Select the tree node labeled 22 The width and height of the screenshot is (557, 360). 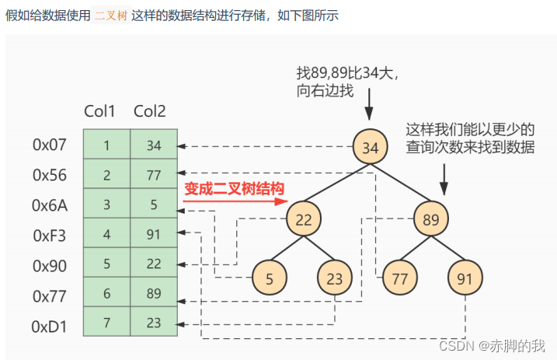click(x=304, y=220)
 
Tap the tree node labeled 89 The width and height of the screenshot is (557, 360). click(x=431, y=220)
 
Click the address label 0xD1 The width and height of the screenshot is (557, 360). click(x=50, y=326)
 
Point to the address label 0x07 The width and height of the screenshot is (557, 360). click(x=50, y=145)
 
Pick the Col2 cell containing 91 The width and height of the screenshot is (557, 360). click(x=153, y=233)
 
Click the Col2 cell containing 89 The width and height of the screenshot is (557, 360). click(x=153, y=292)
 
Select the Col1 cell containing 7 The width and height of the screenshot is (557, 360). click(x=106, y=322)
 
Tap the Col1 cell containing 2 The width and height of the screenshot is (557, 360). click(x=106, y=174)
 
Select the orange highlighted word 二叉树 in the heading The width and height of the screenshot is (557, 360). click(x=110, y=16)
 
